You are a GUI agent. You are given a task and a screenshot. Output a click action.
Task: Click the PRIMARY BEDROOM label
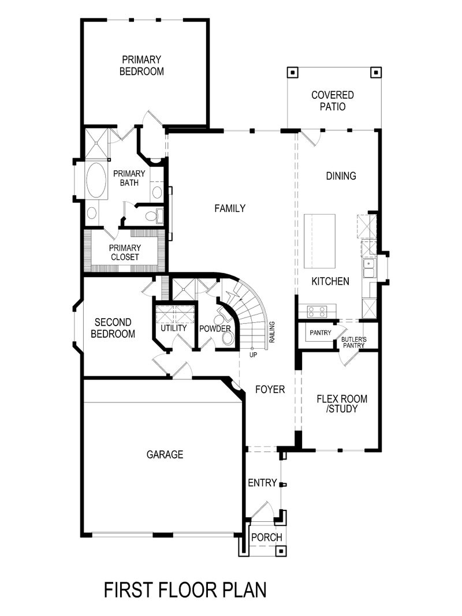click(x=141, y=65)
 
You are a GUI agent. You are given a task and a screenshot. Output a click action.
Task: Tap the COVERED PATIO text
click(x=332, y=100)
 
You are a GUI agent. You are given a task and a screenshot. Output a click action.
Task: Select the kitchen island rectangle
click(x=319, y=241)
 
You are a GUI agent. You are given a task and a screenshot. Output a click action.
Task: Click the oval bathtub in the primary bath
click(x=96, y=181)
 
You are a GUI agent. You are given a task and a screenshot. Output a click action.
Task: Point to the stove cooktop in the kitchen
click(x=316, y=312)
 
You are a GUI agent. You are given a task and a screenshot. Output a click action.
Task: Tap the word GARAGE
click(x=165, y=454)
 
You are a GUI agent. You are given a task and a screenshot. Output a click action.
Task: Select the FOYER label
click(x=270, y=390)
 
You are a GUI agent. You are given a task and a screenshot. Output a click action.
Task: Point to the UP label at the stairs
click(x=253, y=354)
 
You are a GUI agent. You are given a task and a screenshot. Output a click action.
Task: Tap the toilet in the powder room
click(x=227, y=337)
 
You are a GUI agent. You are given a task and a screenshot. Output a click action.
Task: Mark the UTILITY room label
click(x=173, y=328)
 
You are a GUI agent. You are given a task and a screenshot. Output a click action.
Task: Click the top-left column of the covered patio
click(x=293, y=73)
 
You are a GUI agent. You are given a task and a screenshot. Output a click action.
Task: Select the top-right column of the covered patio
click(x=375, y=73)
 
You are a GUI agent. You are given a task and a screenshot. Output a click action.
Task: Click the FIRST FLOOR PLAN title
click(x=185, y=590)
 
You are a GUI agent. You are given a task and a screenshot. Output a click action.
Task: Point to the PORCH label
click(x=266, y=537)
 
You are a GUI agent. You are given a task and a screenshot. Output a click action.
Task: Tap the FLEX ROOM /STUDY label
click(x=342, y=404)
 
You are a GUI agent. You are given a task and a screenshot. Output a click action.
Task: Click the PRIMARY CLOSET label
click(x=124, y=252)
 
